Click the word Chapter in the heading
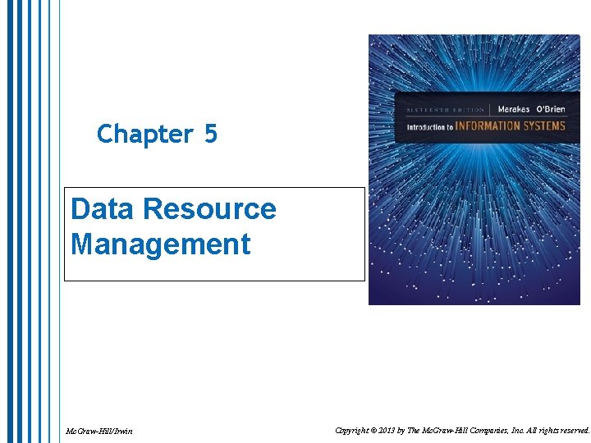point(143,134)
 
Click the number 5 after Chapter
point(210,134)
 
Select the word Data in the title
point(103,209)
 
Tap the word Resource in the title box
point(209,209)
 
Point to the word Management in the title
point(160,244)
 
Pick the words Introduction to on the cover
point(432,127)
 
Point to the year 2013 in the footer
point(403,430)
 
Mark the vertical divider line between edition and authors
point(491,110)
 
